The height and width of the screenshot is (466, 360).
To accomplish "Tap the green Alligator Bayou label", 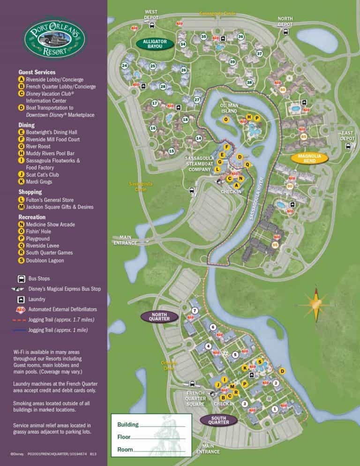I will [155, 44].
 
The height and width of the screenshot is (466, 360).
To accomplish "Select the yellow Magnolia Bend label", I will [309, 158].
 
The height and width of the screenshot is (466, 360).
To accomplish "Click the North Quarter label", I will [160, 316].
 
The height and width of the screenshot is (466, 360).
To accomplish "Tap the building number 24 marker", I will [124, 65].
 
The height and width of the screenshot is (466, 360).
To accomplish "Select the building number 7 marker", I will [195, 310].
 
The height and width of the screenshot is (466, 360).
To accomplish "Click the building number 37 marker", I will [259, 54].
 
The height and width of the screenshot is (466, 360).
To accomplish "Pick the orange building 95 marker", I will [275, 245].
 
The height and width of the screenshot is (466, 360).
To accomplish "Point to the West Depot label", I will [151, 14].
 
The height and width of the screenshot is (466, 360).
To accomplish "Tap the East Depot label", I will [347, 136].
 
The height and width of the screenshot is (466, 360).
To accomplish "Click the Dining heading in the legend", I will [26, 125].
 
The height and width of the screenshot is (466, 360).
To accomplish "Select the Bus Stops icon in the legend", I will [22, 278].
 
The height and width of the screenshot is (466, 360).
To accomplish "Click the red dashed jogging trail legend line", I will [21, 320].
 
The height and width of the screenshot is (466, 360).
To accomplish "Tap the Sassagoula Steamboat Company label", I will [200, 164].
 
